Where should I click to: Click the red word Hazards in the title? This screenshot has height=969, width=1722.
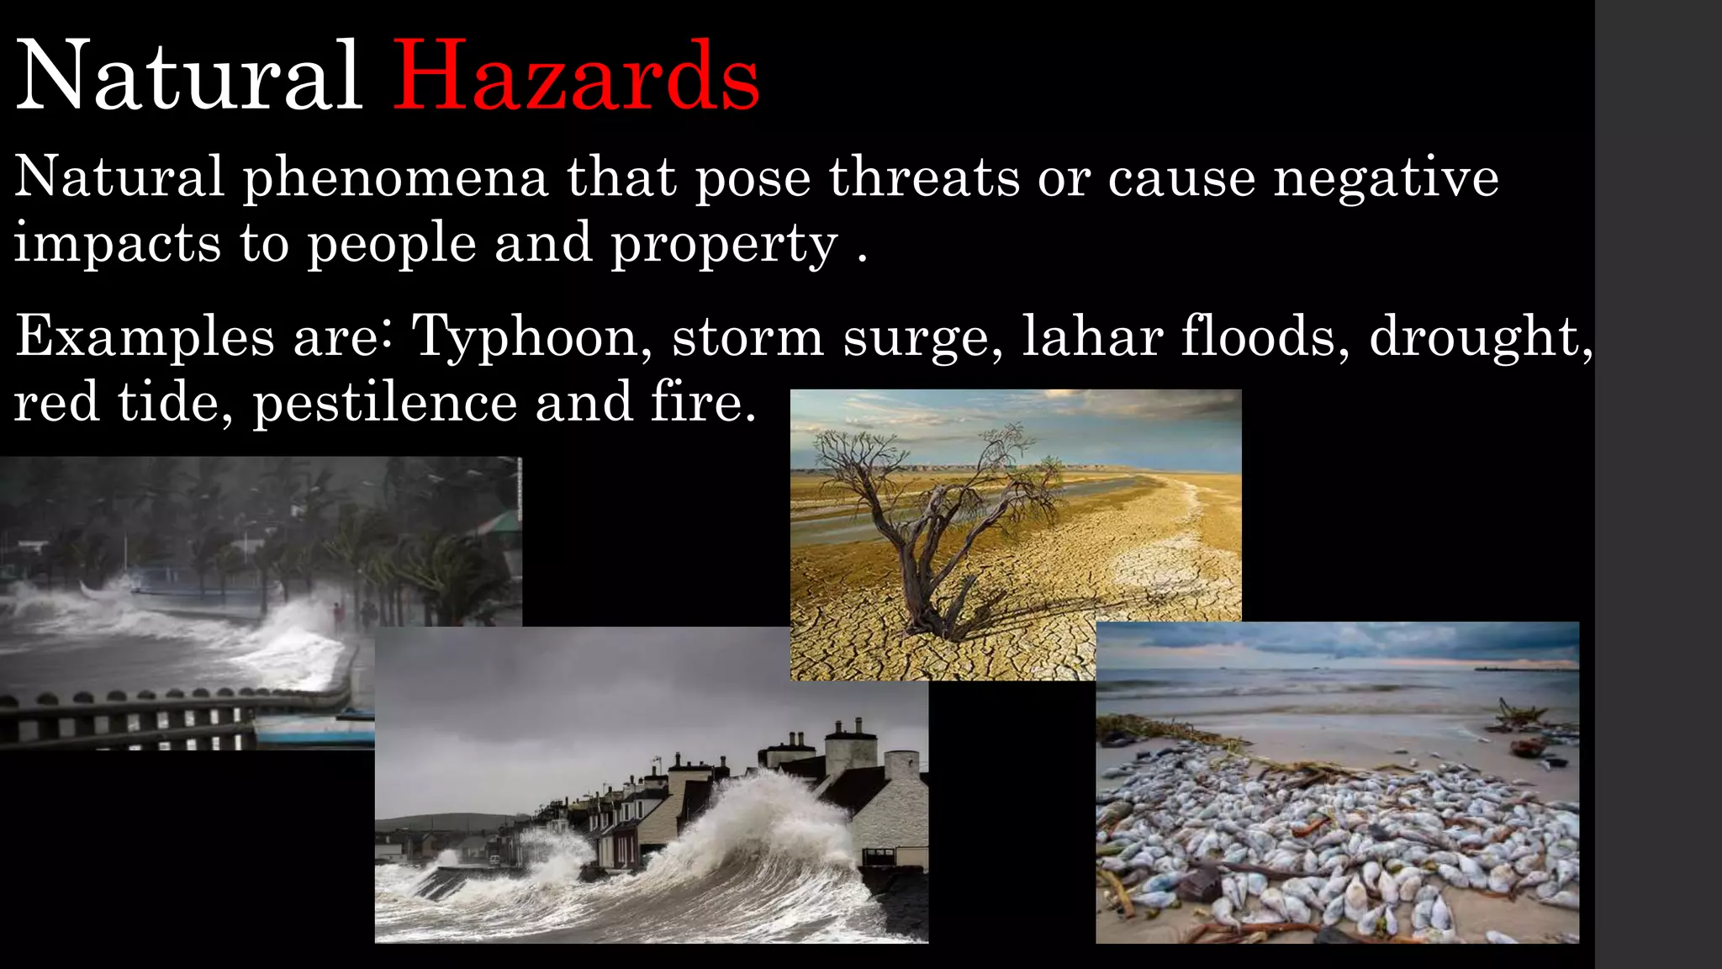576,77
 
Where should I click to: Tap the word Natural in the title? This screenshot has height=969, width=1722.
189,77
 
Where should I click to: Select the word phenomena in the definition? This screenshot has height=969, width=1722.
395,178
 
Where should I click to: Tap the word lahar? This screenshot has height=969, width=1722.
1092,336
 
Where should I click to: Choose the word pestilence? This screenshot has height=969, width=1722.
384,402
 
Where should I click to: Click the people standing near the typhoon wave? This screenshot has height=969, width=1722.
353,614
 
